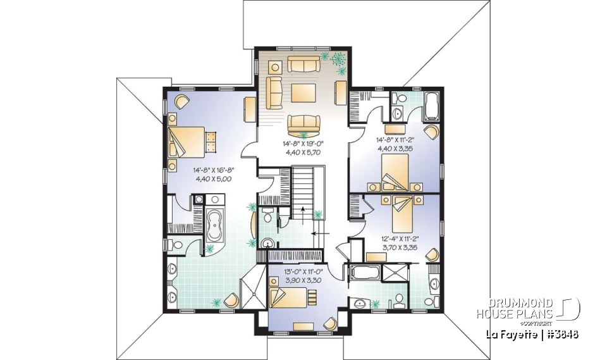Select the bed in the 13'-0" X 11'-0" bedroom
tap(291, 296)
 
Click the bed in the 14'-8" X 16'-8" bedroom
tap(187, 142)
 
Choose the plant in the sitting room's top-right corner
tap(338, 60)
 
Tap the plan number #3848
tap(561, 333)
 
